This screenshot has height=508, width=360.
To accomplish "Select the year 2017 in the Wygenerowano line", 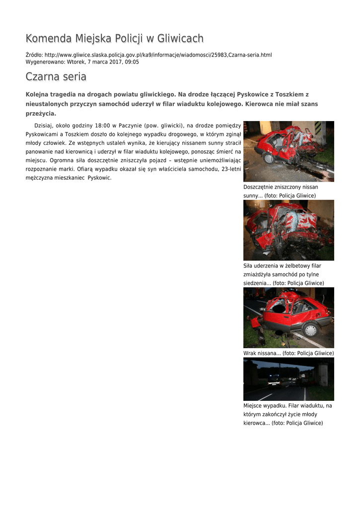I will (115, 62).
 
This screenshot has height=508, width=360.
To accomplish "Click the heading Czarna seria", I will (56, 77).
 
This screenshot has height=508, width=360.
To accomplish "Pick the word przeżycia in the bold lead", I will (40, 114).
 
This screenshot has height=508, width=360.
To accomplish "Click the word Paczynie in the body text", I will (130, 126).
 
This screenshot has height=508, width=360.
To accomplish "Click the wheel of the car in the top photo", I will (269, 158).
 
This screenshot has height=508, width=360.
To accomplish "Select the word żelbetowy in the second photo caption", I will (298, 266).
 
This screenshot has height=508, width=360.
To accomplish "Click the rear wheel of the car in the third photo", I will (311, 329).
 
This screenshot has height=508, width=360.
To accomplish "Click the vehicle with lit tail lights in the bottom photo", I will (274, 381).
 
